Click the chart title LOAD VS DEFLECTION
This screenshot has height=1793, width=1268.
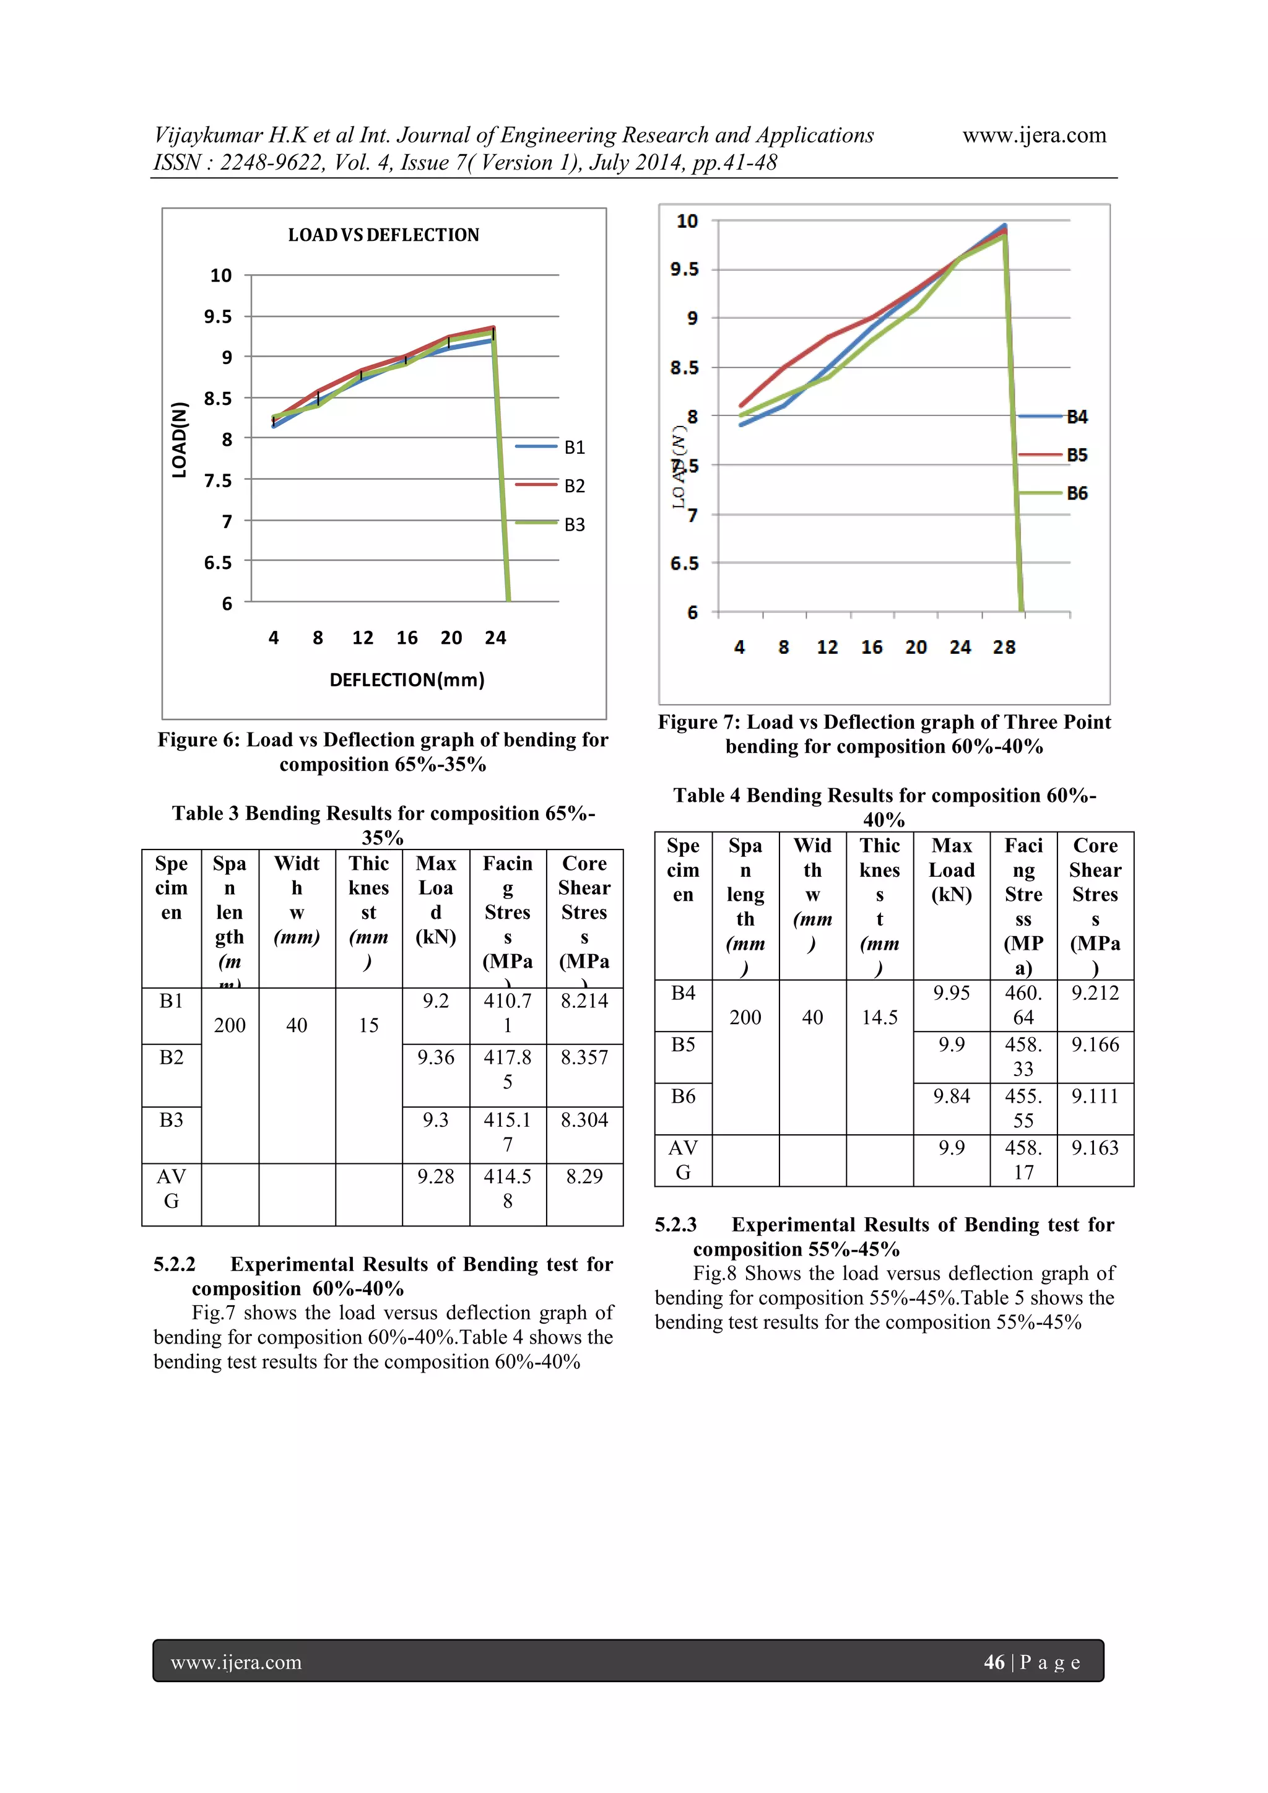383,235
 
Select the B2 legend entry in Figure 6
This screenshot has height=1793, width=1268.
574,486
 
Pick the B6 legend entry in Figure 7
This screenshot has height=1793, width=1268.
1077,493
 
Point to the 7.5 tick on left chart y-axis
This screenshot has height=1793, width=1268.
218,480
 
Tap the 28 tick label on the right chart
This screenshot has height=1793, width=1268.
1004,648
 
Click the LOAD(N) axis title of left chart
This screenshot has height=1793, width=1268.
180,440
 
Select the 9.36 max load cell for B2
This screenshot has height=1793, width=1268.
436,1057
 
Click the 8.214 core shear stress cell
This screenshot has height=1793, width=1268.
584,1001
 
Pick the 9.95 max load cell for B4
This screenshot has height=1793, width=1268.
951,992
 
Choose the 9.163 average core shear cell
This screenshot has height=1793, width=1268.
1095,1147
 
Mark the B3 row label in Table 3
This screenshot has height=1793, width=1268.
171,1120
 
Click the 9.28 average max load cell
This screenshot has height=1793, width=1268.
436,1176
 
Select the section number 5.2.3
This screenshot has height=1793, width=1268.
675,1225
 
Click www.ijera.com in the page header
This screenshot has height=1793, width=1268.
1034,135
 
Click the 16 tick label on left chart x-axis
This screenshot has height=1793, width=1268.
407,638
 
